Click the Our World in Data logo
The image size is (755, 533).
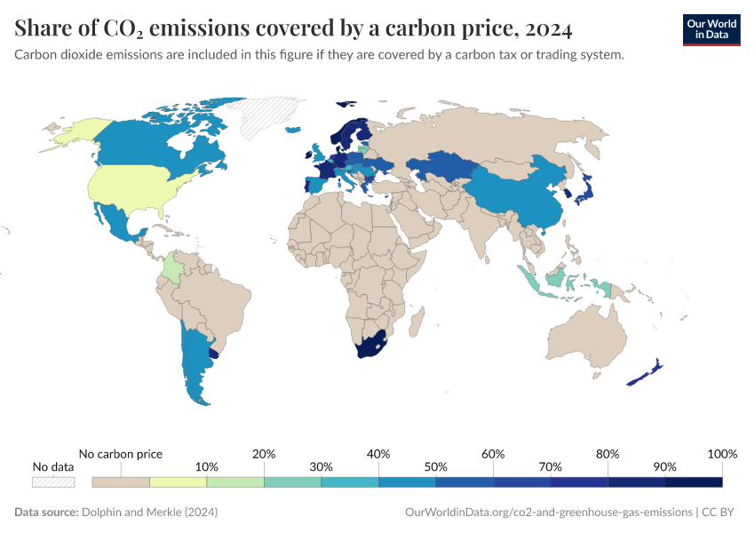point(711,29)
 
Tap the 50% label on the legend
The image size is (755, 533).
point(435,466)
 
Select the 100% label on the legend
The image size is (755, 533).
point(722,454)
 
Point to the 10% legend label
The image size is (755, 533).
point(206,466)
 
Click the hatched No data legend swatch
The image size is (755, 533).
point(53,481)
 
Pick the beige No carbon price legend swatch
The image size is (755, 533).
point(121,481)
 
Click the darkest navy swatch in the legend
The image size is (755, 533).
point(694,481)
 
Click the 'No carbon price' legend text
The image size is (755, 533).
point(121,454)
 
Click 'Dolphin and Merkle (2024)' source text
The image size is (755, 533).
point(149,513)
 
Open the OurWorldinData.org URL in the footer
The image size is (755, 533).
point(548,513)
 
